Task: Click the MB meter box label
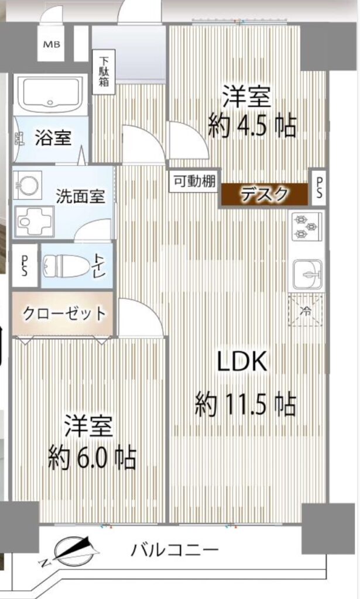pyautogui.click(x=52, y=44)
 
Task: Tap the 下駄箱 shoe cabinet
pyautogui.click(x=104, y=72)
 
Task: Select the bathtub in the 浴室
pyautogui.click(x=50, y=94)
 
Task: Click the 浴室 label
pyautogui.click(x=53, y=137)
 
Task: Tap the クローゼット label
pyautogui.click(x=64, y=314)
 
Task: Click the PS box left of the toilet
pyautogui.click(x=25, y=266)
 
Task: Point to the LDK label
pyautogui.click(x=242, y=362)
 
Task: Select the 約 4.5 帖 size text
pyautogui.click(x=252, y=126)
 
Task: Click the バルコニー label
pyautogui.click(x=174, y=550)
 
